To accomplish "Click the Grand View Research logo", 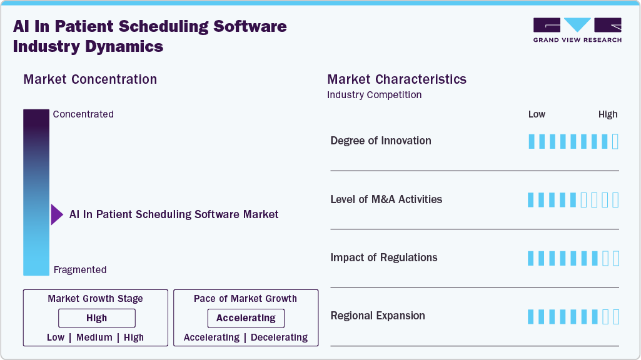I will [x=577, y=30].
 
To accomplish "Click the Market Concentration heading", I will [x=90, y=79].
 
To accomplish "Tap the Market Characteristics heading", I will [x=396, y=79].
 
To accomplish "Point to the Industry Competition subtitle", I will [x=374, y=95].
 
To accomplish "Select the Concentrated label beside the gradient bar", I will [x=83, y=114].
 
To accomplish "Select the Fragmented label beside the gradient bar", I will [x=80, y=270].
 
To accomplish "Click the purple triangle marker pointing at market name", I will [x=57, y=214].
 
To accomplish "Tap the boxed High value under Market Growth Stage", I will [x=96, y=318].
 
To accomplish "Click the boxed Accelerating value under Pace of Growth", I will [x=246, y=318].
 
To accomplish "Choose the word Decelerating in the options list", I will [x=280, y=337].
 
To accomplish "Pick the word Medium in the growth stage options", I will [x=94, y=337].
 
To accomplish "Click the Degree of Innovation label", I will [x=380, y=141].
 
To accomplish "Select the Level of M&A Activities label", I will [x=386, y=199].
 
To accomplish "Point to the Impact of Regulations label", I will [x=383, y=257].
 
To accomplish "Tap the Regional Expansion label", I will [x=377, y=316].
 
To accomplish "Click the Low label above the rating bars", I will [x=537, y=114].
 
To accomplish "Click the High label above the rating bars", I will [x=607, y=114].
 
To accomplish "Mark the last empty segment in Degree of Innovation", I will [x=615, y=141].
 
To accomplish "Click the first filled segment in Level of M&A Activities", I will [x=532, y=200].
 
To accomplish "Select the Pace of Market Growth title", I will [x=245, y=299].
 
